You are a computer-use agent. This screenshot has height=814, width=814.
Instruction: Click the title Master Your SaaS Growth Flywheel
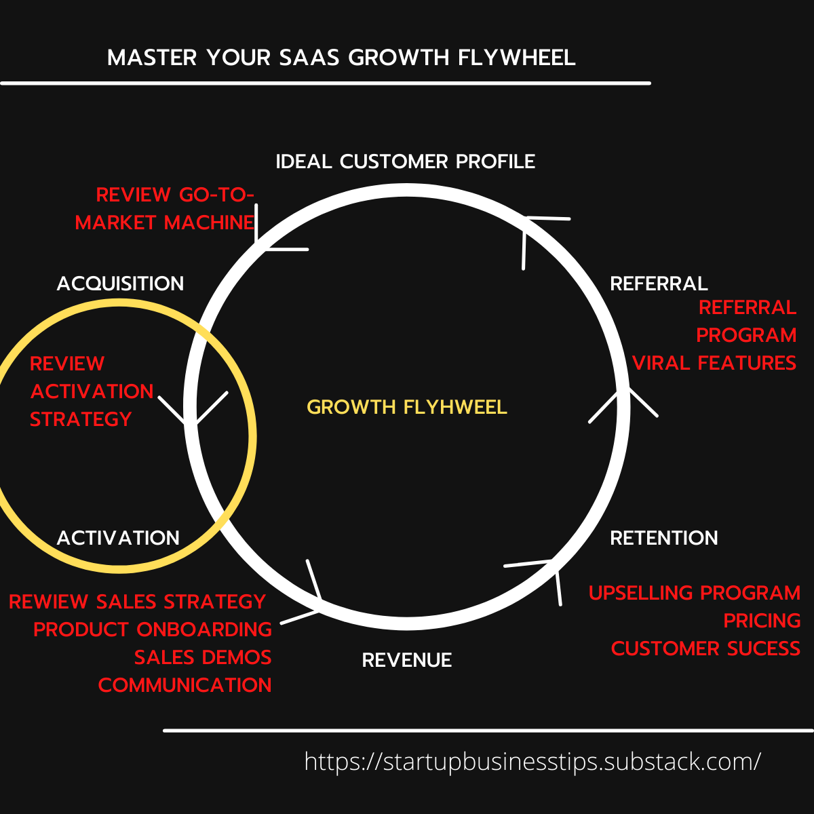point(341,58)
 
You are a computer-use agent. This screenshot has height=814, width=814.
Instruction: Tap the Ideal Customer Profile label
point(405,161)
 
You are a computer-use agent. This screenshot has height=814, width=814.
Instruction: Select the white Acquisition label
point(120,283)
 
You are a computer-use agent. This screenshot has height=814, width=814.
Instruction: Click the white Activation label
point(118,538)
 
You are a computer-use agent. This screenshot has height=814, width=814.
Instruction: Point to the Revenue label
point(407,660)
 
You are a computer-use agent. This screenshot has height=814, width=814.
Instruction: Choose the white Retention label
point(663,538)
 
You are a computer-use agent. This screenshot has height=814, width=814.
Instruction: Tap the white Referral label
point(659,283)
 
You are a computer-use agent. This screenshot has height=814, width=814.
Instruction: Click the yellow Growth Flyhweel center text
point(407,407)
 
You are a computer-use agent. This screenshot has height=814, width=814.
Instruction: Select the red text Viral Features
point(714,363)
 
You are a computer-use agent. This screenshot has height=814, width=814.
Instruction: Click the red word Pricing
point(762,621)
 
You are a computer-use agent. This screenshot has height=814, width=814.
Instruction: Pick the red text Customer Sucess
point(705,648)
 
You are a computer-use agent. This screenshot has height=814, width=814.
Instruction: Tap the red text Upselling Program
point(695,593)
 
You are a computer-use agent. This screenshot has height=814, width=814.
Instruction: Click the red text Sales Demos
point(203,657)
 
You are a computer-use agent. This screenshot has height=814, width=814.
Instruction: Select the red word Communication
point(185,685)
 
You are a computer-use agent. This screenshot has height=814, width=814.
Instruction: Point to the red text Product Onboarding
point(153,629)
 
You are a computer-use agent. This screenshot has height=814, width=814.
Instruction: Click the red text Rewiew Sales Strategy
point(137,602)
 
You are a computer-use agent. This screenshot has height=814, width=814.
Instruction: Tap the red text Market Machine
point(165,222)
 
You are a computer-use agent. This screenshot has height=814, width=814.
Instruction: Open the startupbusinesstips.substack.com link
point(532,761)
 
